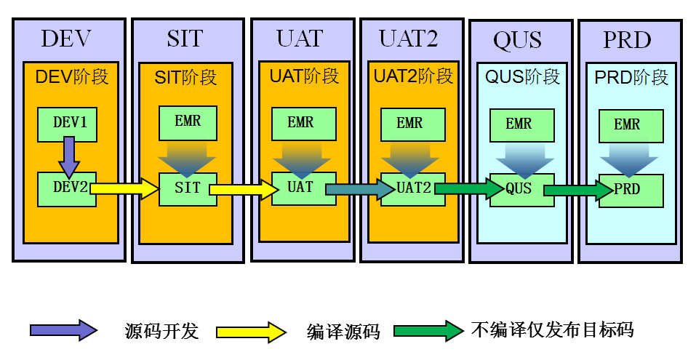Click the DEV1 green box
coord(67,124)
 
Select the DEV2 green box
coord(67,188)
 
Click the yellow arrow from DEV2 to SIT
coord(124,189)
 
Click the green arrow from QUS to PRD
coord(579,191)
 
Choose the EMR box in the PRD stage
coord(631,126)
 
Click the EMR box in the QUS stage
coord(519,125)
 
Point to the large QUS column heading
coord(518,40)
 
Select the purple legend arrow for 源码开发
coord(63,330)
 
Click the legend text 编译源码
coord(343,332)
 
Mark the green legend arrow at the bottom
coord(429,330)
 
